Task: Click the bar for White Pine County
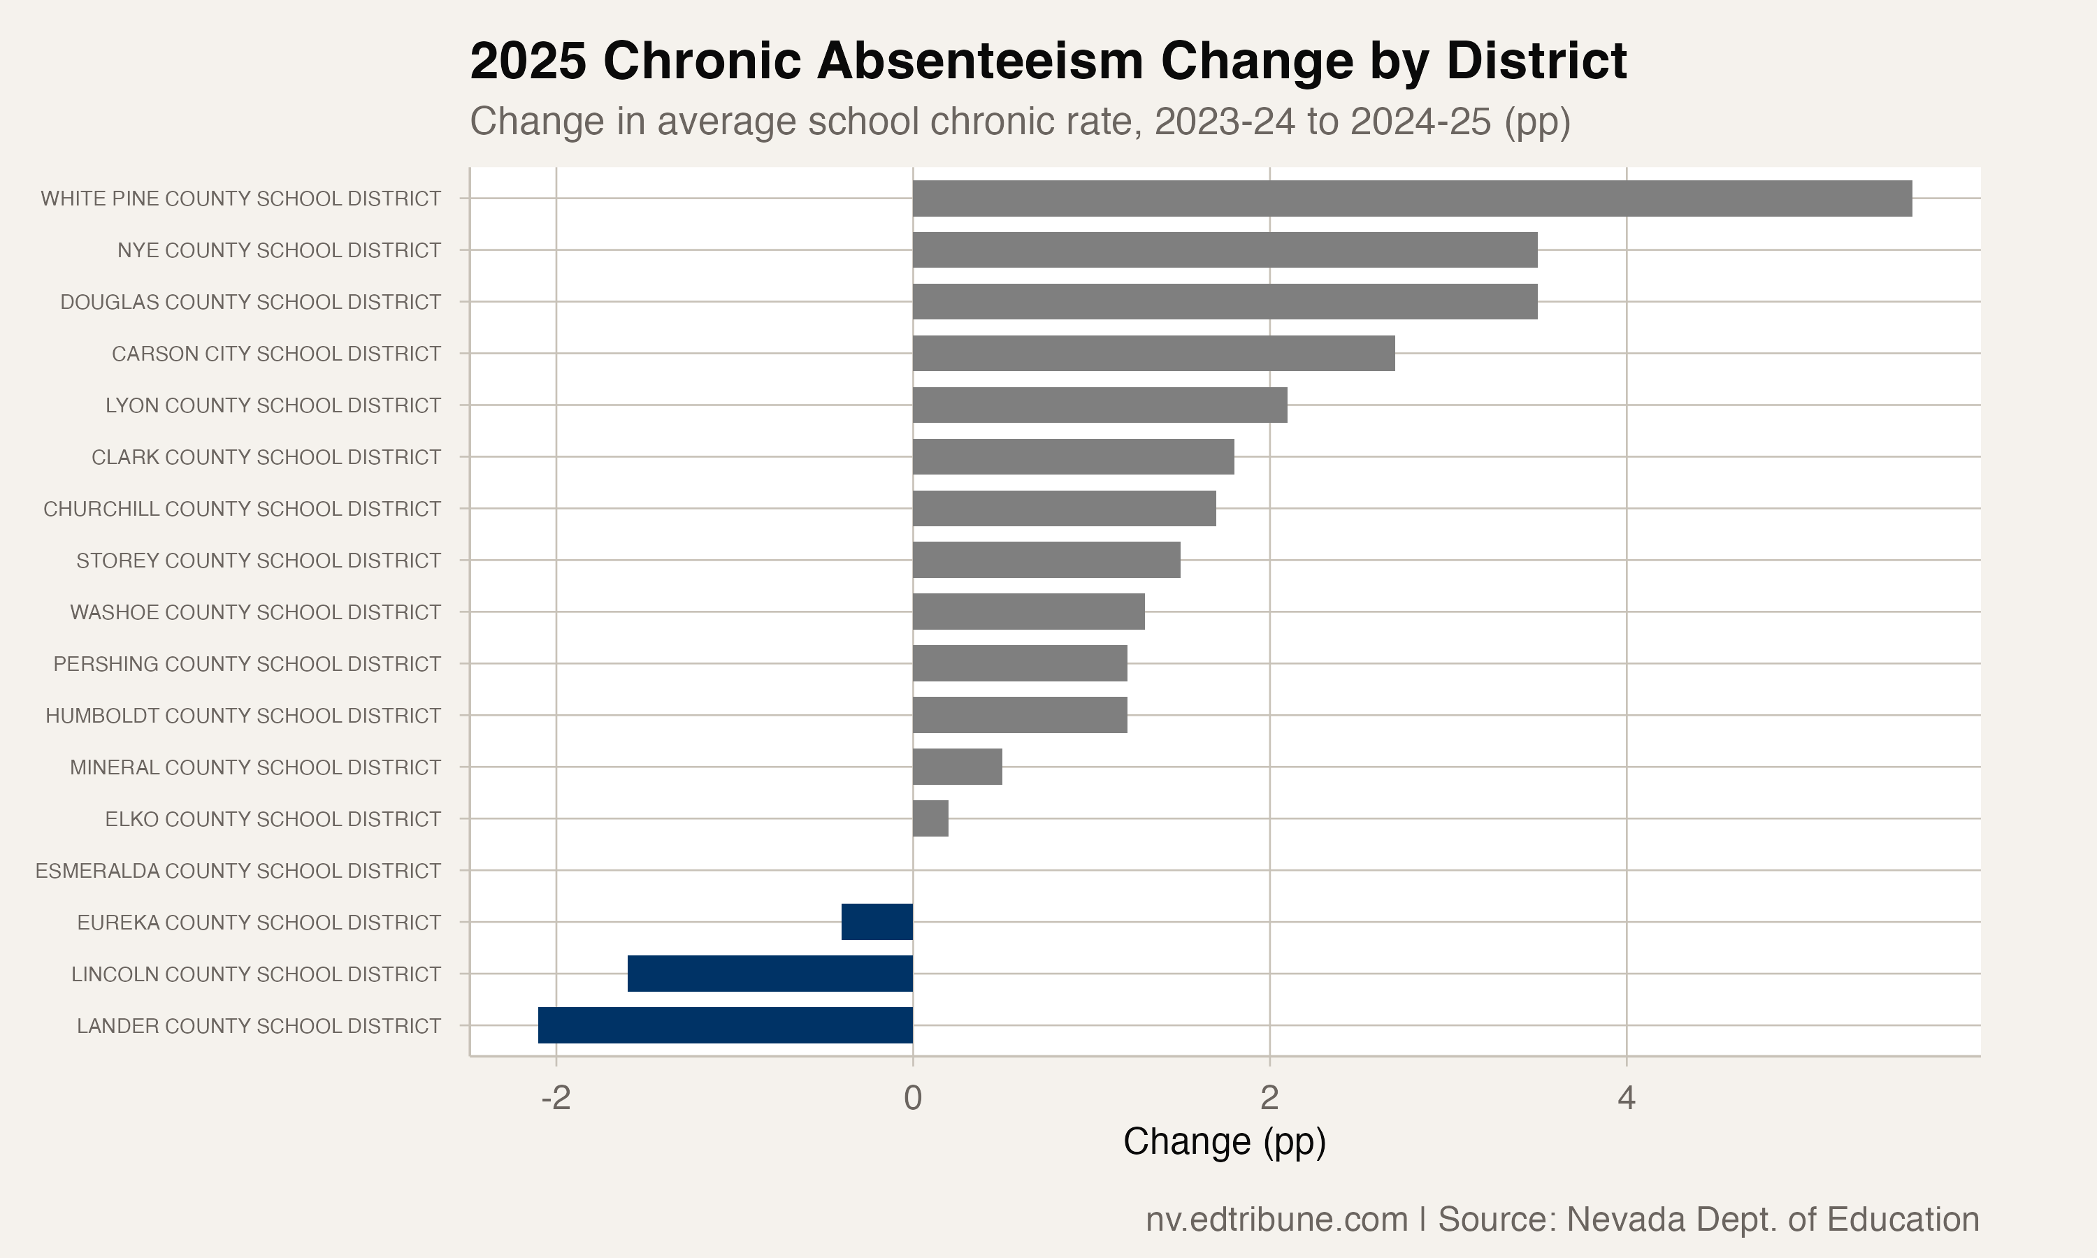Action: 1411,198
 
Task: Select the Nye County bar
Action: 1225,250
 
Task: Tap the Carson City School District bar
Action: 1153,354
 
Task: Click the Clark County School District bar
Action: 1073,457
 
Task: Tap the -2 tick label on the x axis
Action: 555,1098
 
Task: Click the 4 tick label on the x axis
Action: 1626,1098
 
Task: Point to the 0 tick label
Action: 913,1098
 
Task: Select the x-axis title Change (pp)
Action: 1224,1142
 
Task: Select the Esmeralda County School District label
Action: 238,871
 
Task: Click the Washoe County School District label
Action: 255,612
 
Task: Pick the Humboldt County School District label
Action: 243,716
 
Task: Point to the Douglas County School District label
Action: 250,302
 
